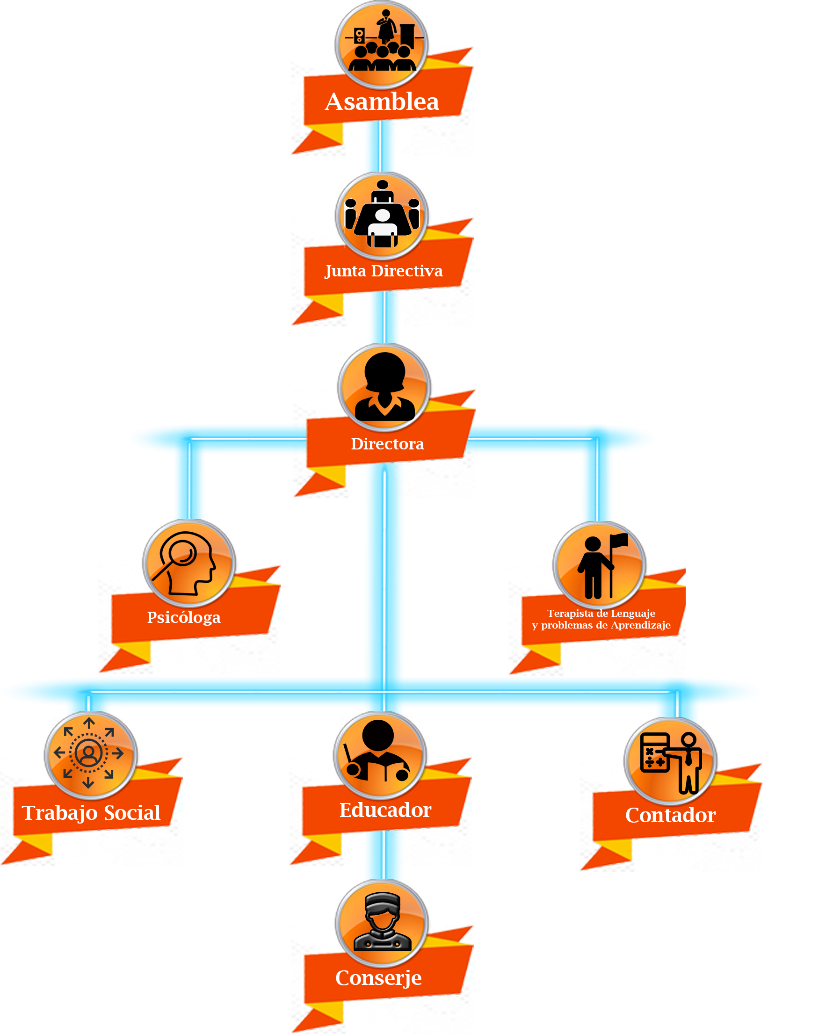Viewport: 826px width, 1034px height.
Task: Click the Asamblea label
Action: point(382,101)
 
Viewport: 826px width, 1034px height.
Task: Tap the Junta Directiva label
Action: point(383,271)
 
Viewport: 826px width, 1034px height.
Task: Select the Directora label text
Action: point(387,444)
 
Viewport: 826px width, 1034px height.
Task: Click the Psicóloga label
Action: point(184,617)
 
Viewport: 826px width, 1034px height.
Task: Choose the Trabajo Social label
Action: point(91,813)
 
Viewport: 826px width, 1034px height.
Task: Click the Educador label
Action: point(385,810)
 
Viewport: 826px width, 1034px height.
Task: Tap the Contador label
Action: point(670,815)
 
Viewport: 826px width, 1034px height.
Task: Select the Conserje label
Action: point(378,978)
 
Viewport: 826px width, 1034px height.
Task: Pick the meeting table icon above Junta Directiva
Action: point(382,215)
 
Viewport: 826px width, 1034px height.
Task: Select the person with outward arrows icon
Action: point(89,753)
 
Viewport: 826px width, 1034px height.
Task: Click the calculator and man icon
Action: point(670,760)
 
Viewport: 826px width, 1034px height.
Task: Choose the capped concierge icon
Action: point(382,922)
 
